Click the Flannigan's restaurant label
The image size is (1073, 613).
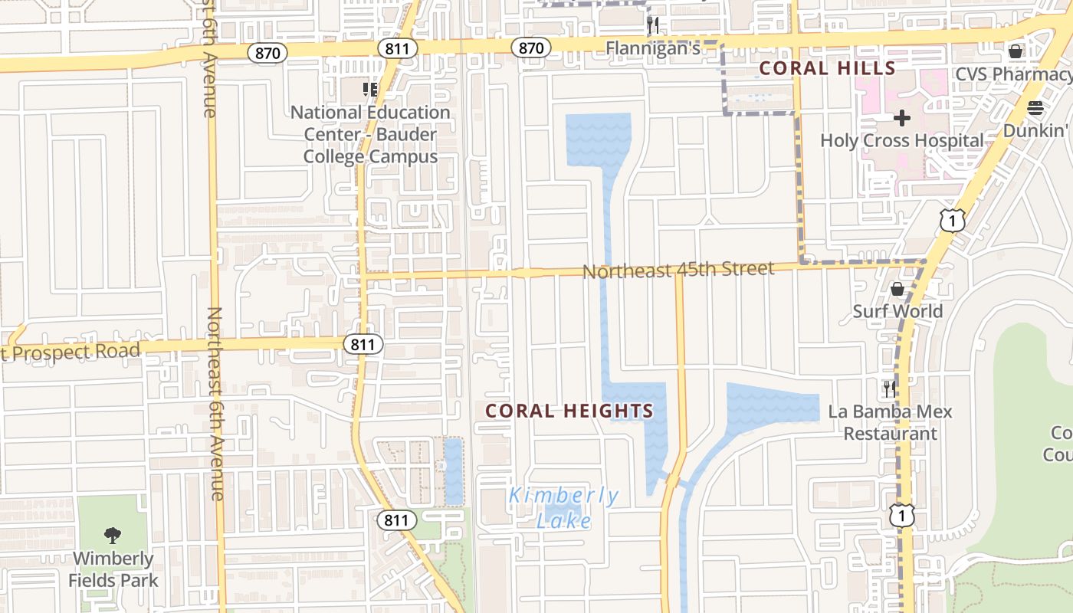653,49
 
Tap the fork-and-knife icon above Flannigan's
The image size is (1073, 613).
653,25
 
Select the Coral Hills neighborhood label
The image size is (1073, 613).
827,68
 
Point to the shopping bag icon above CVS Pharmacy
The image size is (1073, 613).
1016,51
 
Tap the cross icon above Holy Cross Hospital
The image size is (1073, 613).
902,118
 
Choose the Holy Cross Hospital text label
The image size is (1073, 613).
902,141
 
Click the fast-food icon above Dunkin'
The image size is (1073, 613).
1035,108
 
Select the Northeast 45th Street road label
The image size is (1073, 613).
678,270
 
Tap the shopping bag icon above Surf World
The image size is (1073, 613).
897,289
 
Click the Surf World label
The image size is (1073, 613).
897,311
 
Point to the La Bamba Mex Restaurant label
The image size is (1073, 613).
890,422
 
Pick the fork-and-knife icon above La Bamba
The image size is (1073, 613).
889,388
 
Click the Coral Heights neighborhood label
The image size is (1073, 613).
569,411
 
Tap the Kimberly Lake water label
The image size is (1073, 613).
563,508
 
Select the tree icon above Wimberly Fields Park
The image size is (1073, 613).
113,535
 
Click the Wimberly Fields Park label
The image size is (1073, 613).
113,569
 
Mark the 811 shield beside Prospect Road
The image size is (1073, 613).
362,344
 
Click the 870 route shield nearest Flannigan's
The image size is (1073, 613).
530,48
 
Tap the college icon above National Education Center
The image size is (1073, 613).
370,90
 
